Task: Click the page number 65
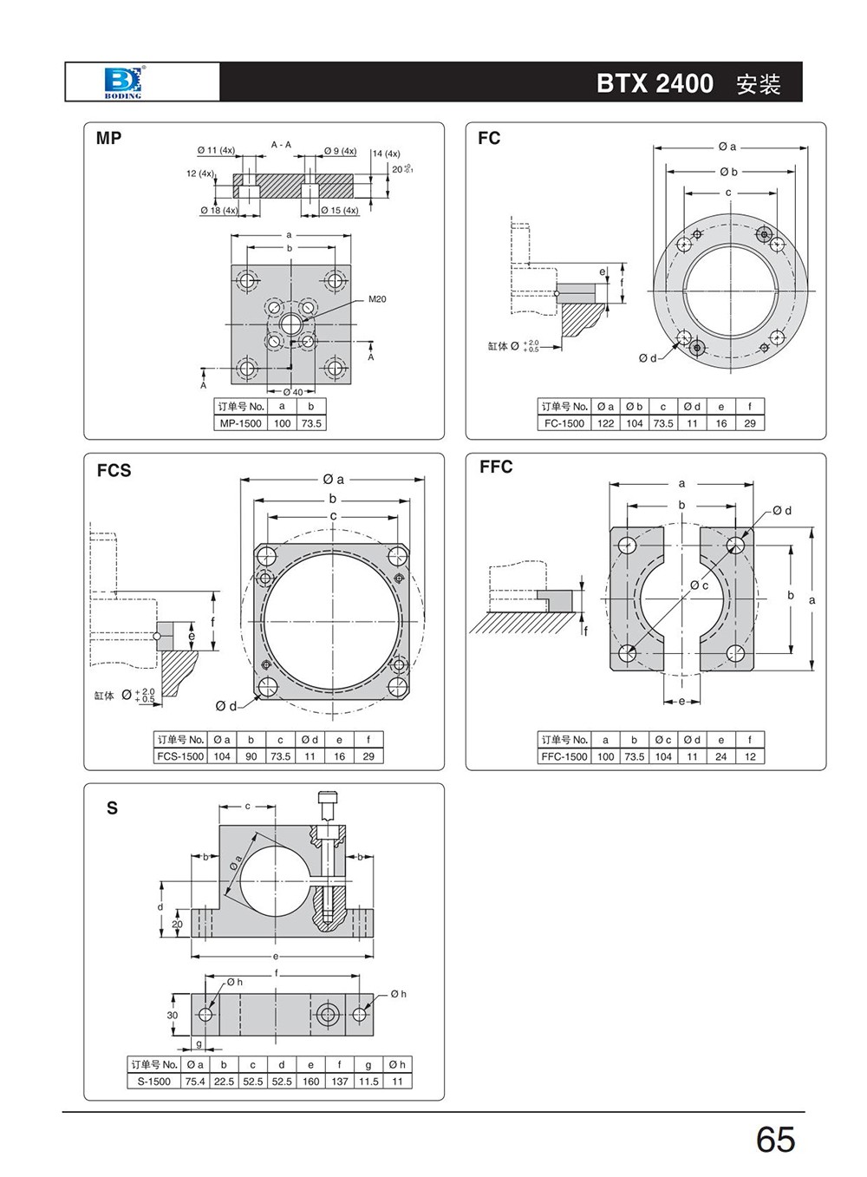pos(775,1139)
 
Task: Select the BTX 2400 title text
pos(655,83)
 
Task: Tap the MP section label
pos(109,138)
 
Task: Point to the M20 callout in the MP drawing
pos(377,299)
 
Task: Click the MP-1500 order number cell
pos(240,423)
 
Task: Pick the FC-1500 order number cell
pos(564,423)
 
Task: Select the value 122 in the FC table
pos(606,423)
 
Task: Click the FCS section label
pos(114,470)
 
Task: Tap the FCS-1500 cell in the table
pos(180,756)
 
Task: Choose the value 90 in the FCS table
pos(251,756)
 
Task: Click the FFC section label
pos(496,467)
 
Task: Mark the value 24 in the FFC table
pos(721,756)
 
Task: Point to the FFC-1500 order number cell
pos(564,756)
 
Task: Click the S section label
pos(112,808)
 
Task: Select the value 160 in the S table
pos(310,1082)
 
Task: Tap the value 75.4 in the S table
pos(195,1082)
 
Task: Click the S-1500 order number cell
pos(154,1082)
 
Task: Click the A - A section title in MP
pos(282,145)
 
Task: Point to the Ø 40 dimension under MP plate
pos(293,392)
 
